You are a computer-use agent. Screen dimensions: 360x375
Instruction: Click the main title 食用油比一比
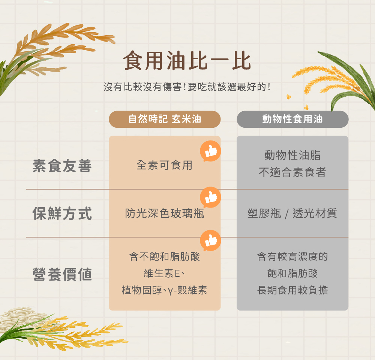tap(187, 61)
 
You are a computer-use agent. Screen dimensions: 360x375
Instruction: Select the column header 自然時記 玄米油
tap(165, 119)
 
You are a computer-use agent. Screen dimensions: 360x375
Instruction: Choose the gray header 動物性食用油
tap(292, 119)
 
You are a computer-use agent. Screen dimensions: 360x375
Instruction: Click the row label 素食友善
tap(62, 166)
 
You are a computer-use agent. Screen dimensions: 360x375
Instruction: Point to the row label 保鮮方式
tap(62, 214)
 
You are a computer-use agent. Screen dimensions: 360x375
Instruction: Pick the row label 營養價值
tap(62, 274)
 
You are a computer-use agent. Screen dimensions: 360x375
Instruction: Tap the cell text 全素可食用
tap(164, 165)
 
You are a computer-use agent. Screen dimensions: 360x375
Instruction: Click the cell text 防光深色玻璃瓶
tap(164, 214)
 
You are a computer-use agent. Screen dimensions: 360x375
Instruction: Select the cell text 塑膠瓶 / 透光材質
tap(292, 214)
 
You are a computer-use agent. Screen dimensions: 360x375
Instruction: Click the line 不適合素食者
tap(292, 172)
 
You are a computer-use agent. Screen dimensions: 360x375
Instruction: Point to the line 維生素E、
tap(164, 273)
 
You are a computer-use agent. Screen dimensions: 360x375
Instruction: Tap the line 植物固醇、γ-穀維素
tap(164, 290)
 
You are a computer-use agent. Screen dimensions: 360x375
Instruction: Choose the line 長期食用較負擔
tap(292, 290)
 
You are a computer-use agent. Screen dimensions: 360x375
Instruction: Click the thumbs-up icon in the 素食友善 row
tap(211, 151)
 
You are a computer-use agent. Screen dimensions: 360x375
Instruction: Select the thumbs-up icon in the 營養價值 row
tap(211, 240)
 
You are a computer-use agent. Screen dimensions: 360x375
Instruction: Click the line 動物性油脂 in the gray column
tap(292, 155)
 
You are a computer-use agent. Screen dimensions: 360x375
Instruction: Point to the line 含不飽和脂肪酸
tap(164, 257)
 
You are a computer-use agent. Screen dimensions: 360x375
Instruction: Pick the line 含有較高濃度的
tap(292, 257)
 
